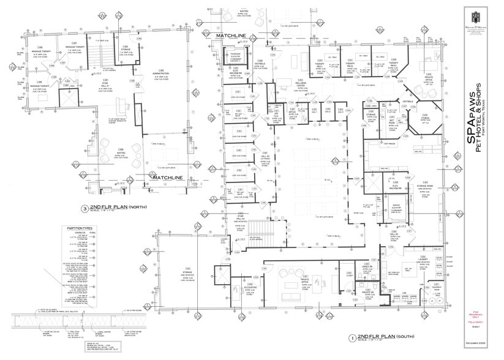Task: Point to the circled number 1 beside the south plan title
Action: click(352, 337)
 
